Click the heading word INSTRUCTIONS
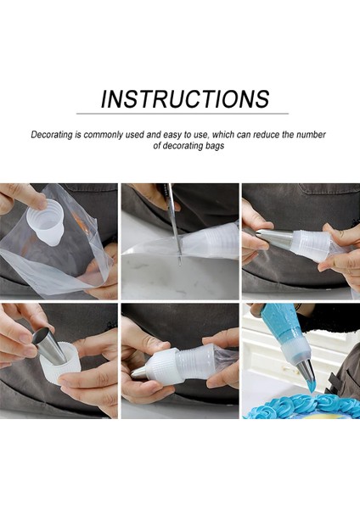pos(185,98)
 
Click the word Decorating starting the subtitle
pos(52,135)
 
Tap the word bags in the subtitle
pos(215,146)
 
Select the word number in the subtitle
pos(312,134)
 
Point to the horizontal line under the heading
pos(183,114)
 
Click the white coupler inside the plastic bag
pos(46,221)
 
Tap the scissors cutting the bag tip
pos(174,224)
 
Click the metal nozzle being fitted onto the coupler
pos(274,239)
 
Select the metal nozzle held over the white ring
pos(49,345)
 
